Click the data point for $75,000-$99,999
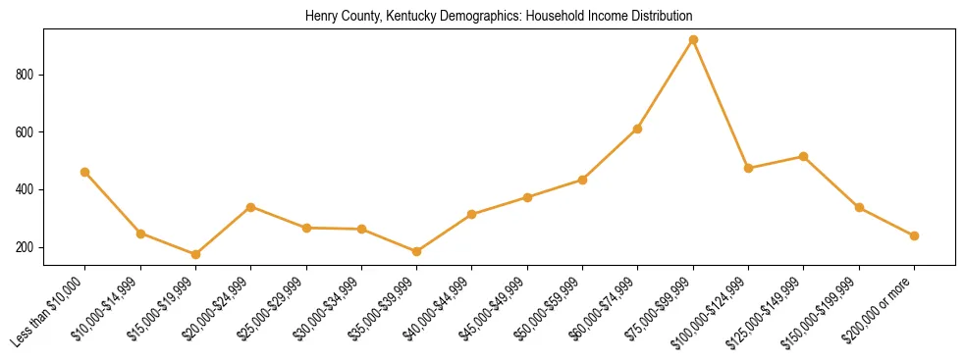pos(693,40)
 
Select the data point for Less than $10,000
pos(85,172)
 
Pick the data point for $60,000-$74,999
pos(638,129)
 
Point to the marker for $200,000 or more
pos(914,235)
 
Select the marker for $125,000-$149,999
pos(804,156)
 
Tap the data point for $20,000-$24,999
pos(251,207)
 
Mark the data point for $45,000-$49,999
pos(528,197)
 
